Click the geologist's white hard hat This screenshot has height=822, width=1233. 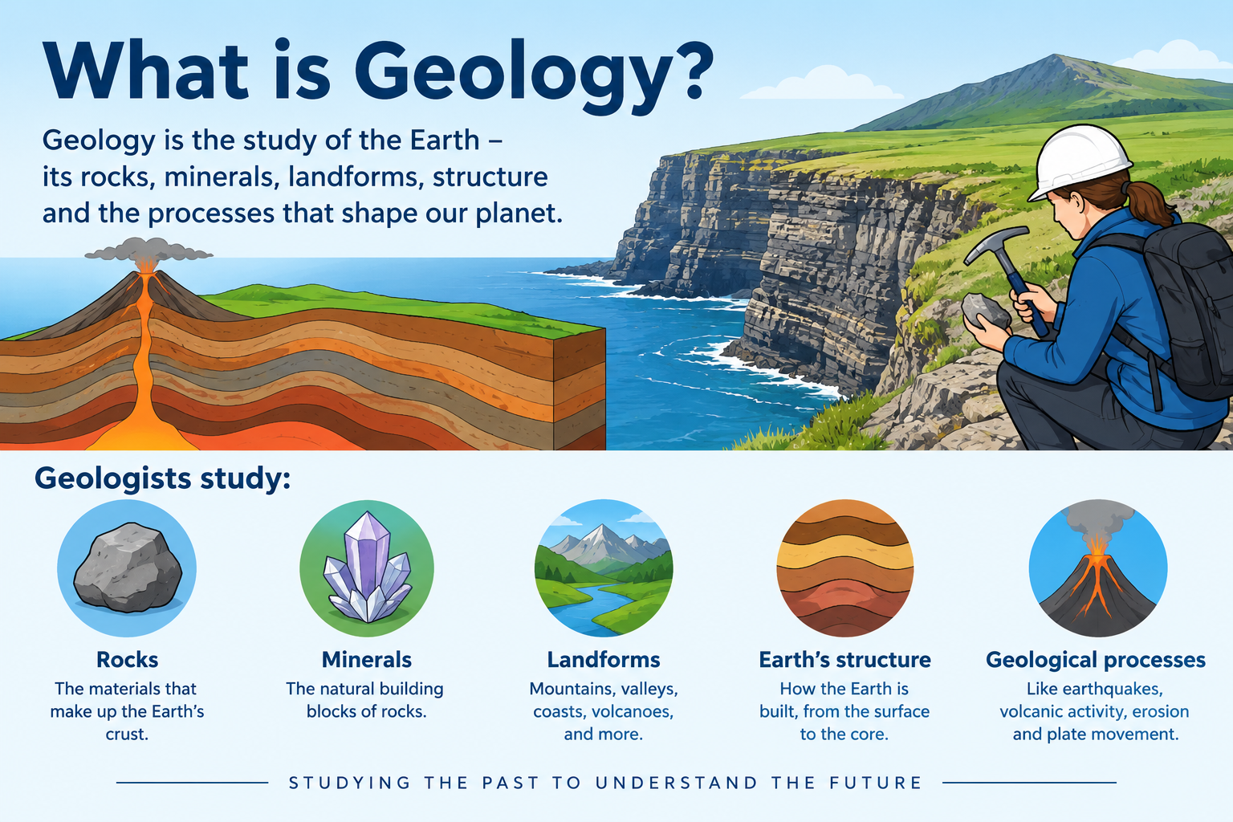1078,160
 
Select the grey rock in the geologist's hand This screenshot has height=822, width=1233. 985,311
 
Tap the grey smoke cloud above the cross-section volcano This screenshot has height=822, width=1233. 148,250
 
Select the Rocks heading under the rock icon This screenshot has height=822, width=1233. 127,660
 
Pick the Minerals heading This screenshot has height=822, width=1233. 367,660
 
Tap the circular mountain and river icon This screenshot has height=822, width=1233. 604,568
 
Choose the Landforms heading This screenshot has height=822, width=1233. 604,660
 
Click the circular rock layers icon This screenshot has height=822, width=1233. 845,568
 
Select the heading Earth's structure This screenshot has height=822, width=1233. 845,660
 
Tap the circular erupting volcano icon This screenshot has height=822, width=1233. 1098,568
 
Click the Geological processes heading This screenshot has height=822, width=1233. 1096,661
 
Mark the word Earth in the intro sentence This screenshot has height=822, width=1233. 445,140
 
